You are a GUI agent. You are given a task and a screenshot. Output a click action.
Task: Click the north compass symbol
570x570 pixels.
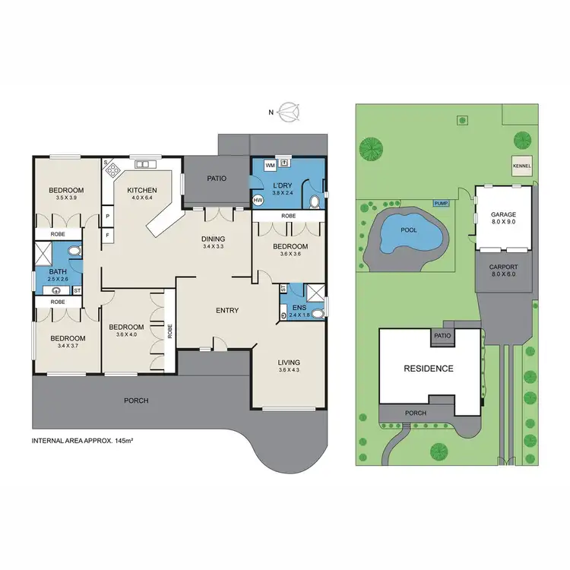(289, 112)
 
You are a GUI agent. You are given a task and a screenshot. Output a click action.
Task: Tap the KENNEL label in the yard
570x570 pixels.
(522, 166)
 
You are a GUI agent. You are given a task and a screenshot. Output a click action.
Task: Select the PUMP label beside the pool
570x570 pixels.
(441, 204)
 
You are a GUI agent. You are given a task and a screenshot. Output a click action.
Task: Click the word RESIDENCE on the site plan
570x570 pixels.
(428, 369)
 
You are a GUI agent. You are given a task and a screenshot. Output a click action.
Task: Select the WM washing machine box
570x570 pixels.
(269, 164)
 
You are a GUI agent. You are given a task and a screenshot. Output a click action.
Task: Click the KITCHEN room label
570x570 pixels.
(141, 190)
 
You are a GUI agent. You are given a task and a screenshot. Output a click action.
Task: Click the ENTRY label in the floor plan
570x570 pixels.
(227, 310)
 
